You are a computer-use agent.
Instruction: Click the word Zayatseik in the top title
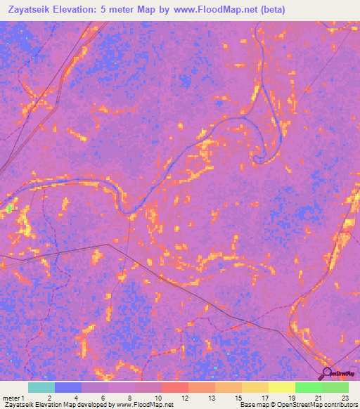(30, 10)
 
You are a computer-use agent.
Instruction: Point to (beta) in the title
(271, 10)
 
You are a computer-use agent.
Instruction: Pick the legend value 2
(49, 397)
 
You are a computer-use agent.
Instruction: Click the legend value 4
(75, 397)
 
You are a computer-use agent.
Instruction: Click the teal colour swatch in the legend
(41, 387)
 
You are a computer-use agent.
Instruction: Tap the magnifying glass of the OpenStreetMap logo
(326, 373)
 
